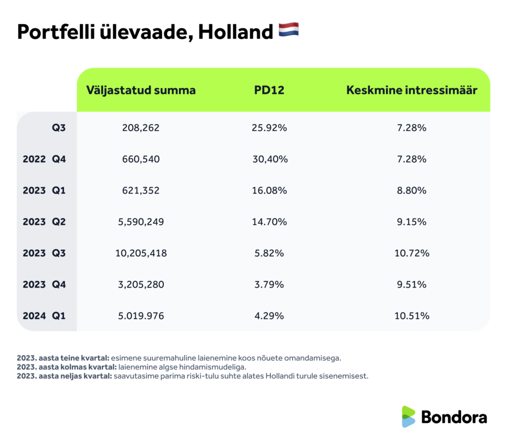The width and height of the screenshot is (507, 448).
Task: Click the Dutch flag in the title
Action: pyautogui.click(x=289, y=31)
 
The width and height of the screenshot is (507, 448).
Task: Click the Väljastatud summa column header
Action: pyautogui.click(x=141, y=90)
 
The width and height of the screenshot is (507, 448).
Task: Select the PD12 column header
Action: pyautogui.click(x=270, y=90)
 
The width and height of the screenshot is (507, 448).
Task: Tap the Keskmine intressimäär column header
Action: pyautogui.click(x=411, y=90)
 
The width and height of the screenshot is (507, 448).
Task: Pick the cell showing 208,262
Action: pyautogui.click(x=141, y=128)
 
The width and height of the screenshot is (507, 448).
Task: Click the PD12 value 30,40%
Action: pyautogui.click(x=269, y=159)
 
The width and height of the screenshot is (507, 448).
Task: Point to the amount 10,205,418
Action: pyautogui.click(x=141, y=253)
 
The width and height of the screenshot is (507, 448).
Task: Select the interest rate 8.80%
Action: pyautogui.click(x=411, y=191)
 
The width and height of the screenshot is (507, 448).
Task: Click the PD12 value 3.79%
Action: pyautogui.click(x=269, y=285)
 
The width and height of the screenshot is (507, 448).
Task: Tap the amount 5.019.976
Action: pyautogui.click(x=141, y=316)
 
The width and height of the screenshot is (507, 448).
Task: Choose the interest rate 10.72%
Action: pyautogui.click(x=411, y=253)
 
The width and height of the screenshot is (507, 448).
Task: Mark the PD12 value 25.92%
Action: pyautogui.click(x=269, y=128)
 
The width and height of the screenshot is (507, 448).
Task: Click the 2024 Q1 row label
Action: pyautogui.click(x=44, y=316)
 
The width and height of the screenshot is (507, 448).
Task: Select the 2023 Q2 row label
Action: pyautogui.click(x=44, y=222)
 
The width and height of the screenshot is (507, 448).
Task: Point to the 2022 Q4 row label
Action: pyautogui.click(x=44, y=159)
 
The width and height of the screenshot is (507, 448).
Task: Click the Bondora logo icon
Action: pyautogui.click(x=408, y=417)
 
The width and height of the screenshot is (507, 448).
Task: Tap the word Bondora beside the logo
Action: pyautogui.click(x=454, y=417)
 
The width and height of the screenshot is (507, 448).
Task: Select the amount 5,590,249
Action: pyautogui.click(x=141, y=222)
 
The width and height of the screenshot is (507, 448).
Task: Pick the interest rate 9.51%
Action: pyautogui.click(x=411, y=285)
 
